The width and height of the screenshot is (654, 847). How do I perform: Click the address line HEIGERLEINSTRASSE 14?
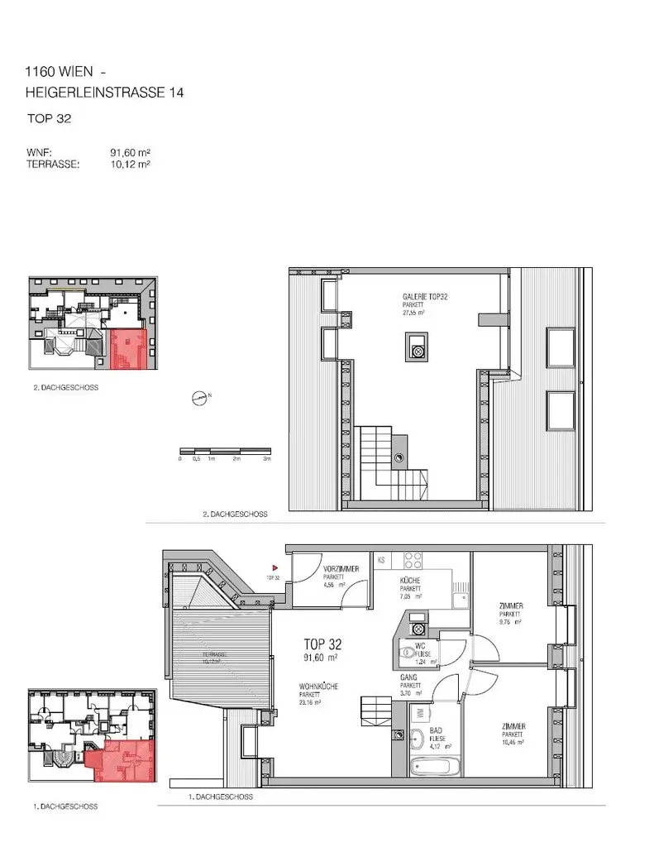pos(104,93)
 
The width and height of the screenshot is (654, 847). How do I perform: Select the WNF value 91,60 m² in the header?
pos(130,153)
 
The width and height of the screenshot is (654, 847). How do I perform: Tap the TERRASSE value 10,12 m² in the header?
pos(130,164)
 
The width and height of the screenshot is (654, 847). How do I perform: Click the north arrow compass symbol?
pos(200,398)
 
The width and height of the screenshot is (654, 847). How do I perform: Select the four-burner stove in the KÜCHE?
pos(413,557)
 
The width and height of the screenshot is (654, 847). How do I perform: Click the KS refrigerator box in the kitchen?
pos(381,560)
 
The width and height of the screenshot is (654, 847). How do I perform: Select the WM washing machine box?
pos(419,712)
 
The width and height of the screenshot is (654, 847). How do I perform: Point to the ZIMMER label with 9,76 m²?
pos(510,610)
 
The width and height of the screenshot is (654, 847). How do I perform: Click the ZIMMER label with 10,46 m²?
pos(513,731)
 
